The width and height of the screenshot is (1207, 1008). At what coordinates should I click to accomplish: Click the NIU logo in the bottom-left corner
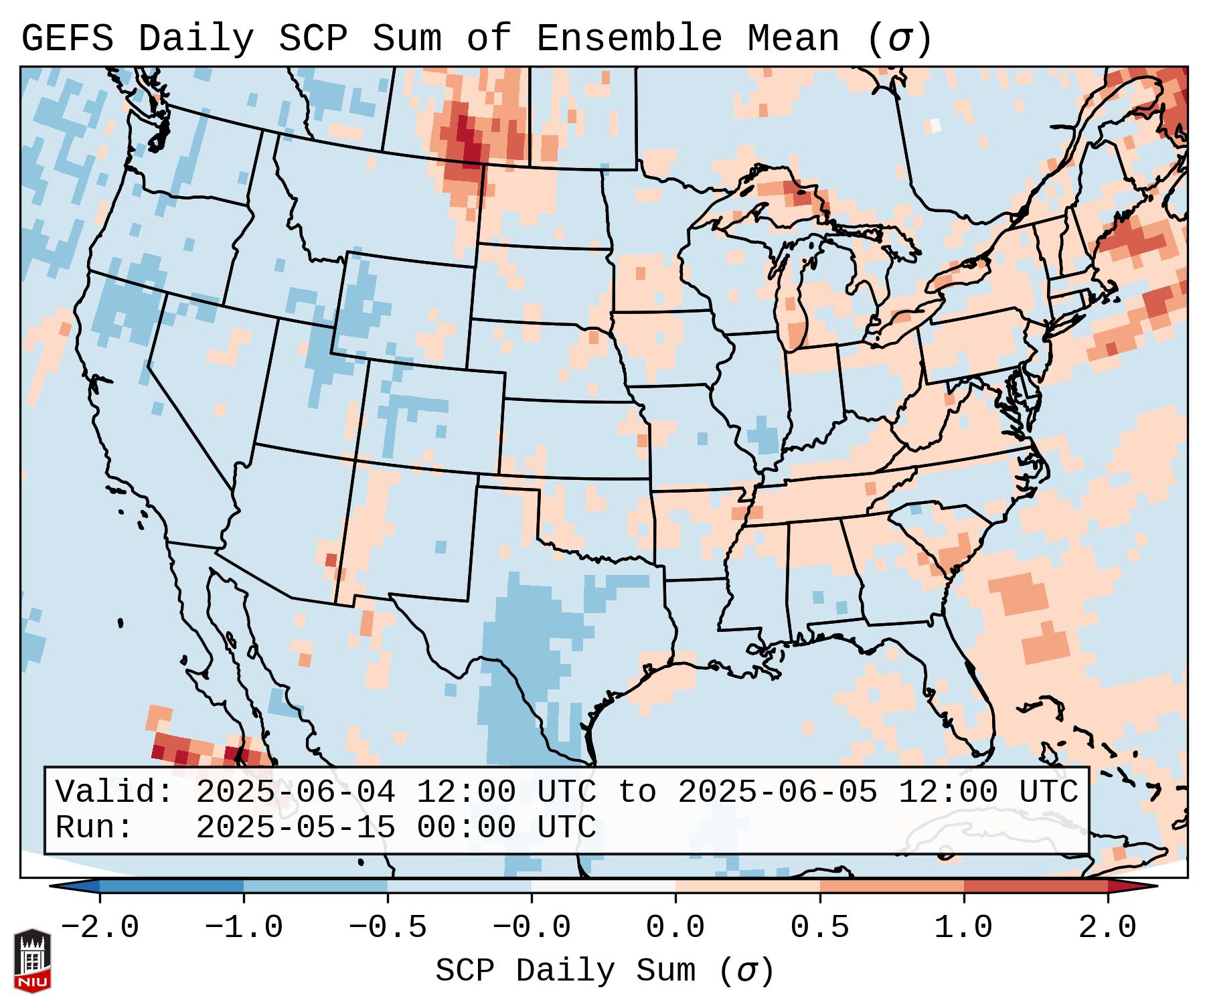point(32,960)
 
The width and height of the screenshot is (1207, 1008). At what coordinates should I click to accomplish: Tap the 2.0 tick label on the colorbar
point(1107,928)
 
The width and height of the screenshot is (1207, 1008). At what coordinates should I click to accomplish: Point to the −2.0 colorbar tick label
point(100,928)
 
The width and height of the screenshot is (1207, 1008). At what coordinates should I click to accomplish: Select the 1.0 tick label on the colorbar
point(963,928)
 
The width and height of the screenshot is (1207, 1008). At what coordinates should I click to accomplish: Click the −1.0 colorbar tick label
point(244,928)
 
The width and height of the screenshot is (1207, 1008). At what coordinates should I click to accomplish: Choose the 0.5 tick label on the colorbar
point(819,928)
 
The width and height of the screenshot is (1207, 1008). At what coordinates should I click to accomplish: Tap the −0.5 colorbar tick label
point(388,928)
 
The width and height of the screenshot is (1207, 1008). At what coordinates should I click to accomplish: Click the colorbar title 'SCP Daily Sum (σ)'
point(604,971)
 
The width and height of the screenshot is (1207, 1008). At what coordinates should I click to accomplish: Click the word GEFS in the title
point(67,38)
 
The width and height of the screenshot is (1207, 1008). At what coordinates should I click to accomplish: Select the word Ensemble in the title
point(629,38)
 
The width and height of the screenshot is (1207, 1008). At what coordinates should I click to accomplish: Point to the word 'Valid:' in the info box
point(114,792)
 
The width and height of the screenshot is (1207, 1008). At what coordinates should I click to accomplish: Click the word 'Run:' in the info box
point(94,827)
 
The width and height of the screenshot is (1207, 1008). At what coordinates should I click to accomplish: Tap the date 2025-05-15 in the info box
point(295,827)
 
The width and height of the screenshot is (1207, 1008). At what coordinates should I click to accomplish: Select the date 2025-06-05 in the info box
point(777,792)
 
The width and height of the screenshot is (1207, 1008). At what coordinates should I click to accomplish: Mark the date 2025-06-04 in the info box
point(295,792)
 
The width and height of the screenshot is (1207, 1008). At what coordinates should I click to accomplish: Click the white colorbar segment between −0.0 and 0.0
point(603,886)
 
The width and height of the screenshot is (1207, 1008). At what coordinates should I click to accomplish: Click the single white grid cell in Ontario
point(935,125)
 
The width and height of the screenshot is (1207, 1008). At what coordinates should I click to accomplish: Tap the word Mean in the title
point(793,38)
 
